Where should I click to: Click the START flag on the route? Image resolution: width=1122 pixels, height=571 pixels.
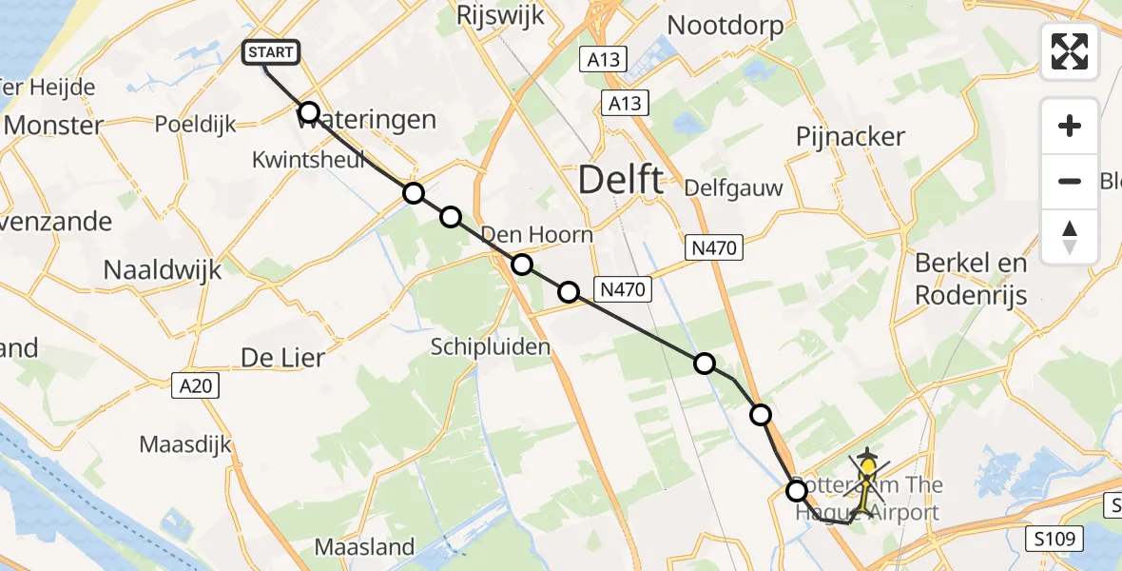[272, 53]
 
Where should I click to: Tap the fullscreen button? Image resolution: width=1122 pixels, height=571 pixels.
[1070, 51]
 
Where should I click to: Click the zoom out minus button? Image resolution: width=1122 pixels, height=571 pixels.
[1070, 181]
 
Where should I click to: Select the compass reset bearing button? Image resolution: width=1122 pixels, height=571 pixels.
[1070, 236]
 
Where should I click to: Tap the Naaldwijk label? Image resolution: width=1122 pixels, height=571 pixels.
[162, 270]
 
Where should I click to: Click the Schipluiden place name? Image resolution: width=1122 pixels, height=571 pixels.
[491, 346]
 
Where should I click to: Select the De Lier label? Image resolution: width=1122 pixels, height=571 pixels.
[282, 359]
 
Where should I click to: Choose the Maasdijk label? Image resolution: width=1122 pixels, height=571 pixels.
[185, 444]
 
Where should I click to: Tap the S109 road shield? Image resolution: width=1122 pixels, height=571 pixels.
[1055, 540]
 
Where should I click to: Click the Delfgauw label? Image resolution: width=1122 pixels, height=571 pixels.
[733, 187]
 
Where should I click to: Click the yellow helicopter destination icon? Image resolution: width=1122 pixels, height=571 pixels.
[868, 469]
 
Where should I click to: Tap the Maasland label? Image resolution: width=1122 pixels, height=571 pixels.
[364, 547]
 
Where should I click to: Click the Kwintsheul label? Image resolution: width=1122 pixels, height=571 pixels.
[309, 159]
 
